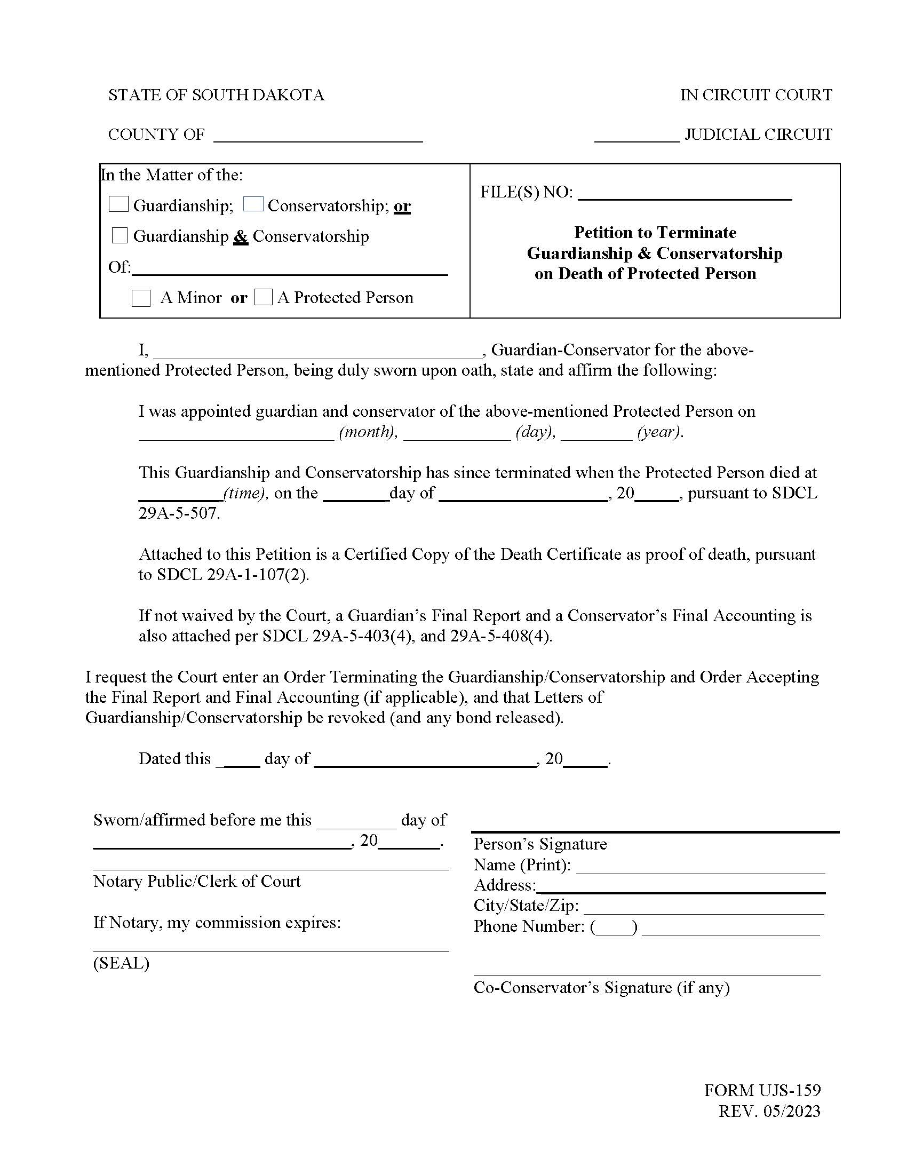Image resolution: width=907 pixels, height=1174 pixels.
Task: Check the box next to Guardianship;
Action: (118, 204)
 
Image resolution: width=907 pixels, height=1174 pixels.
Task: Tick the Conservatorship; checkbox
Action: (253, 204)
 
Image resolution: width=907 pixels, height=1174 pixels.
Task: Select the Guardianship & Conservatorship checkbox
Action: (120, 235)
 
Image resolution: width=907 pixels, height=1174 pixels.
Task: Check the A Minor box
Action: (141, 298)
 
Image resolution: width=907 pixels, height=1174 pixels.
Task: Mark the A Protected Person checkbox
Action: (263, 297)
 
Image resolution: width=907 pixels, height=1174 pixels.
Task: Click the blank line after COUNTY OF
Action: (318, 136)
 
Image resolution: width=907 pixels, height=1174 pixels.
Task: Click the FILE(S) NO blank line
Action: (685, 194)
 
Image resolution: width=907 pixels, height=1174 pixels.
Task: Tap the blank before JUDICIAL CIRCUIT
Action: (637, 136)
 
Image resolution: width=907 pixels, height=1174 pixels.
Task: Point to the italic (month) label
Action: (368, 432)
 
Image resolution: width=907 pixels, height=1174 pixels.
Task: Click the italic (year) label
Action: (660, 432)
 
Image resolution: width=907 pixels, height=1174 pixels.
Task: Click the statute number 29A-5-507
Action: (178, 513)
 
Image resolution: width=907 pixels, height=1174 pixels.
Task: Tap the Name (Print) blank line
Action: (700, 866)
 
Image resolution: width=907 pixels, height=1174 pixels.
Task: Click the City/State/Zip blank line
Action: (704, 907)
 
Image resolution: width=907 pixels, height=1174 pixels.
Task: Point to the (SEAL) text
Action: (122, 963)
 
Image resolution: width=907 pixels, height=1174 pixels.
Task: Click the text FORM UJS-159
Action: (762, 1090)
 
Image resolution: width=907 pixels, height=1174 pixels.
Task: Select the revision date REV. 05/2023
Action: (769, 1111)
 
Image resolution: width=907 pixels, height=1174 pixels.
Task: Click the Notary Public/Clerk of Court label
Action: (197, 882)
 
